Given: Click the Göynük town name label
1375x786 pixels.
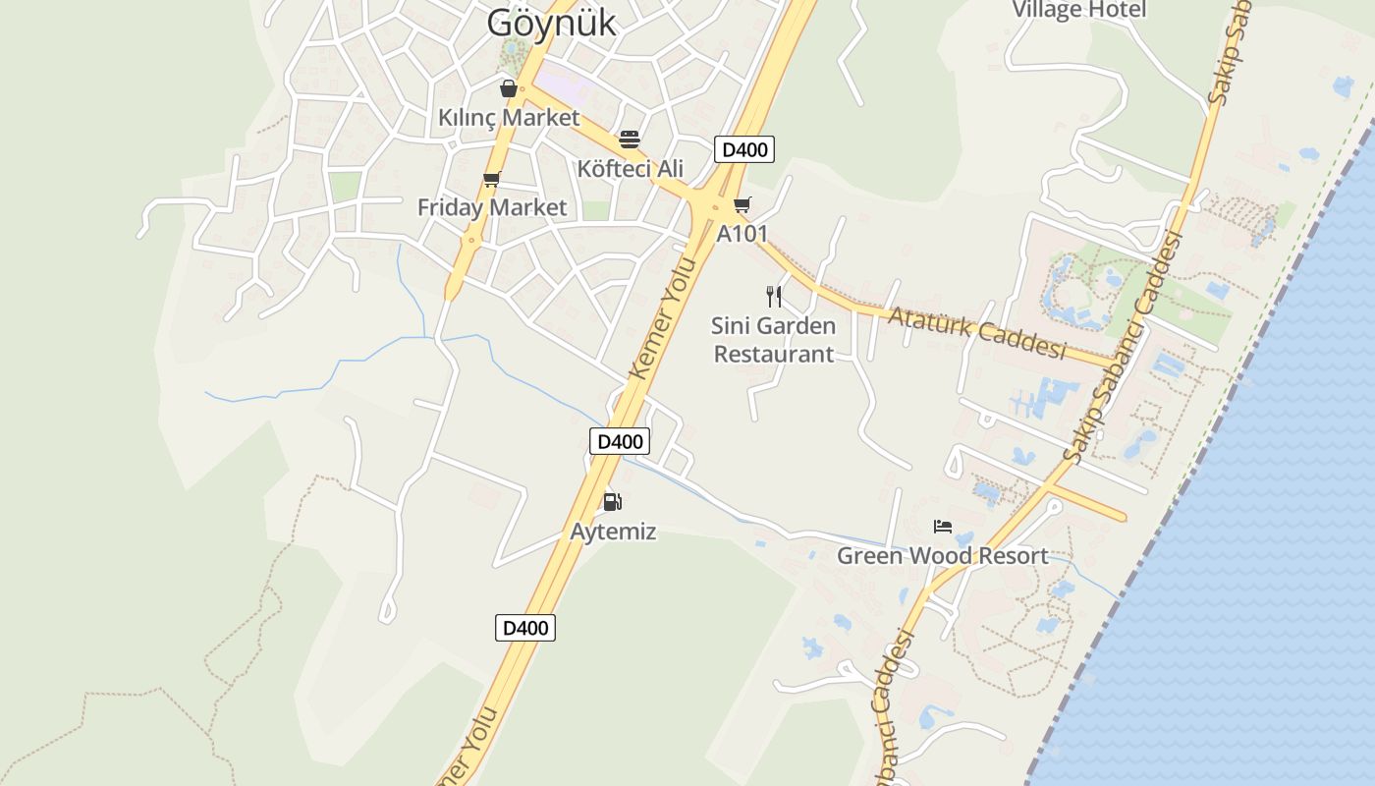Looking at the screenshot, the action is (551, 22).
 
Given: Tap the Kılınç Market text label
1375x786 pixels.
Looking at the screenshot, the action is (509, 118).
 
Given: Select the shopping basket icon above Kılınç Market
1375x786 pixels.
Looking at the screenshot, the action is (509, 89).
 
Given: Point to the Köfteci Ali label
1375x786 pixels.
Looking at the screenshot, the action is (630, 169).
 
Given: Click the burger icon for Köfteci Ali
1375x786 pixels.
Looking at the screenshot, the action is (630, 140).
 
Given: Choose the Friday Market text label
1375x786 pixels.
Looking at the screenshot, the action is (492, 208).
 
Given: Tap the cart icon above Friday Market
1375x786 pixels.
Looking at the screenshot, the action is (492, 179).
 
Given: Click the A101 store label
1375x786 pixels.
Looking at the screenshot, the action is (742, 235).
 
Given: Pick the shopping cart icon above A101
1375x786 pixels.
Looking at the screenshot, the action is (742, 205).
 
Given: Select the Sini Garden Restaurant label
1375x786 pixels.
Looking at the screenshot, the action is (774, 340).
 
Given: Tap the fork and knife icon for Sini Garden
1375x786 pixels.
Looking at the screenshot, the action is (774, 297).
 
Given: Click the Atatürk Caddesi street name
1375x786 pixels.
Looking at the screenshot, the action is (976, 332).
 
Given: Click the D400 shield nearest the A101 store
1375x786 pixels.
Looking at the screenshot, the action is (744, 149).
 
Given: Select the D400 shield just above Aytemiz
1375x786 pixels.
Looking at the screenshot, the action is (620, 441).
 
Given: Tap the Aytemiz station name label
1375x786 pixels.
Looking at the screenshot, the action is (613, 533).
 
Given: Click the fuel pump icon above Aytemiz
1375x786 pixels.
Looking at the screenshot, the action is (613, 503).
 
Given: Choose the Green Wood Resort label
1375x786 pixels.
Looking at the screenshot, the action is (943, 556).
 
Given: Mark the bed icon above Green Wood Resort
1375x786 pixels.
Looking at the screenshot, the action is (943, 527).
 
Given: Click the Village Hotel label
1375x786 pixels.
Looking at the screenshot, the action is (1078, 10).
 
